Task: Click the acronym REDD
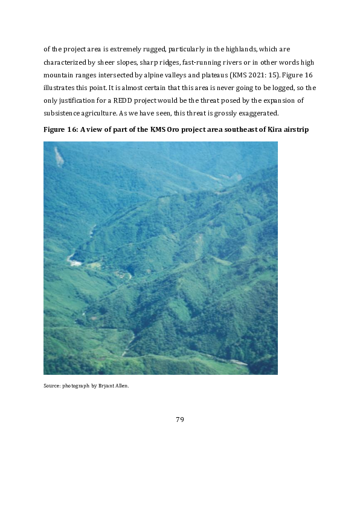(x=142, y=100)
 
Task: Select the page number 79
(x=179, y=420)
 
